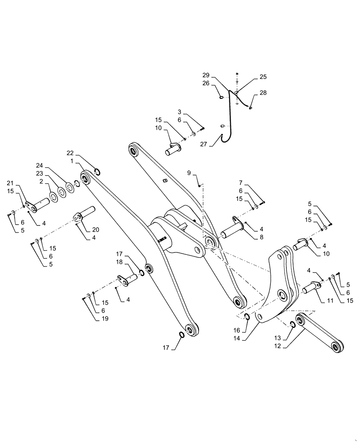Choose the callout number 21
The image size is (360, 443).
tap(10, 183)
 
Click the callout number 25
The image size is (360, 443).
tap(263, 77)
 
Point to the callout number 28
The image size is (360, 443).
tap(263, 93)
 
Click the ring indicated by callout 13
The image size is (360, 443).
tap(293, 326)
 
